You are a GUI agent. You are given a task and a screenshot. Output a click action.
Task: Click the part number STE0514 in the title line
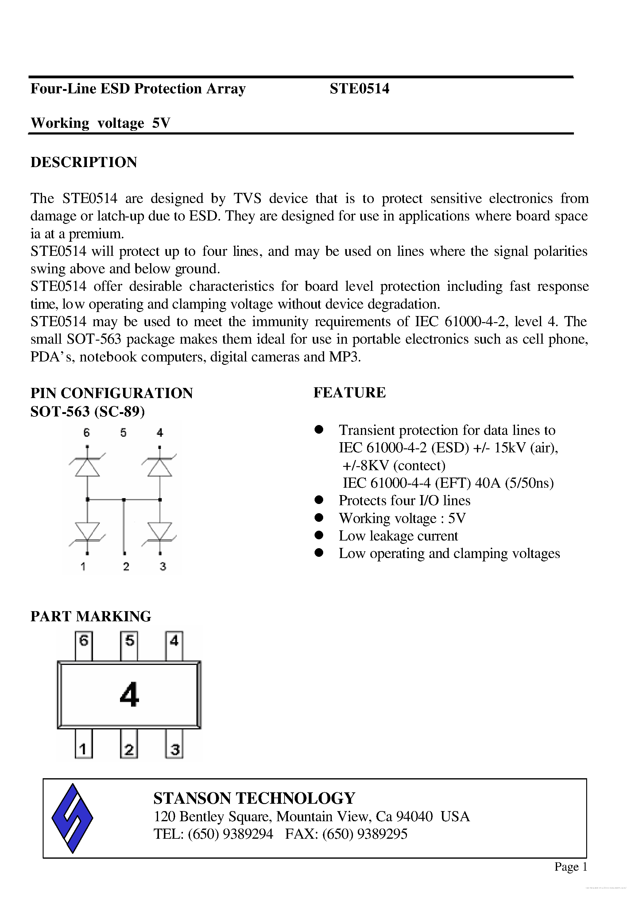(x=359, y=89)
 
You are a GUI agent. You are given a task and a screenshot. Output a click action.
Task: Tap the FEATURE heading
(x=349, y=392)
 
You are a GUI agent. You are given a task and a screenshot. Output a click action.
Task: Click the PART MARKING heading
(x=91, y=616)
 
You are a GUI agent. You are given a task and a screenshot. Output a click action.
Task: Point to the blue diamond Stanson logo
(x=72, y=818)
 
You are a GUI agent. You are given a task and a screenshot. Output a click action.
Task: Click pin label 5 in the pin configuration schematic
(x=124, y=433)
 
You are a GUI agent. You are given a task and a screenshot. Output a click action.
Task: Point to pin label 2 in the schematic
(x=126, y=566)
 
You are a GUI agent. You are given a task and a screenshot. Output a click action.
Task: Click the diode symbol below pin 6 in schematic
(x=87, y=467)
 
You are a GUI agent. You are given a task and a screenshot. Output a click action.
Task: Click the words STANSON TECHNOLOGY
(x=254, y=798)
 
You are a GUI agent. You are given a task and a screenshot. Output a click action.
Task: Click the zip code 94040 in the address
(x=414, y=816)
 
